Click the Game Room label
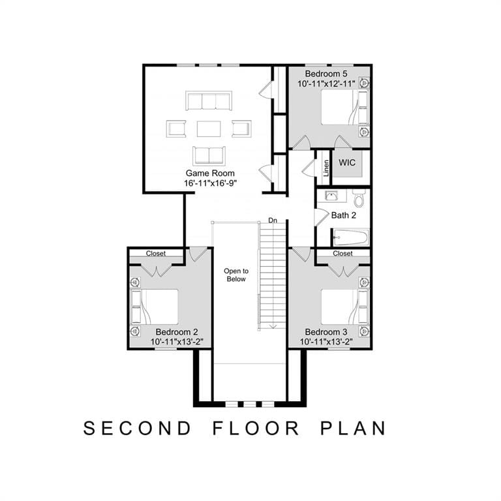(210, 173)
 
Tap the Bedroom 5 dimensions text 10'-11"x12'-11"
(326, 83)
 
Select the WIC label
(346, 162)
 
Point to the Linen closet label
(326, 168)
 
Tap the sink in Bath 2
(331, 196)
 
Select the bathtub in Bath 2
(350, 237)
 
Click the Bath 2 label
(344, 215)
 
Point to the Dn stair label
(273, 220)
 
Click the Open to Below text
(236, 275)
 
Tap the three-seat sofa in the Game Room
(209, 100)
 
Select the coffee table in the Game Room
(209, 129)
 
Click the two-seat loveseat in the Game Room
(209, 156)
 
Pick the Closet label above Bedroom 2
(156, 253)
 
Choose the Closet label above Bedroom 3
(342, 253)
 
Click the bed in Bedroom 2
(155, 307)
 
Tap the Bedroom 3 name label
(326, 332)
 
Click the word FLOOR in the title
(256, 428)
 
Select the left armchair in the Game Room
(176, 129)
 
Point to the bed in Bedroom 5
(344, 107)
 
